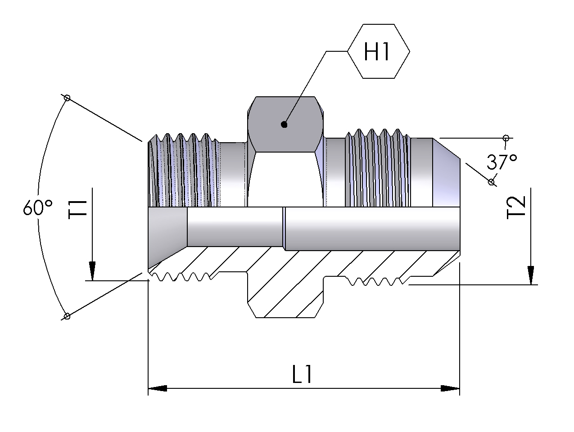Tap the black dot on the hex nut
284,124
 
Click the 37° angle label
502,162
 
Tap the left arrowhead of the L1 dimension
157,388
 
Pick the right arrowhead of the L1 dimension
451,388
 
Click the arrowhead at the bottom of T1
92,271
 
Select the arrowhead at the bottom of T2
531,275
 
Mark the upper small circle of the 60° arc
67,98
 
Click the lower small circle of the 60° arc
67,316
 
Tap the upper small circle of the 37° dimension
506,137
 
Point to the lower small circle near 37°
491,182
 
